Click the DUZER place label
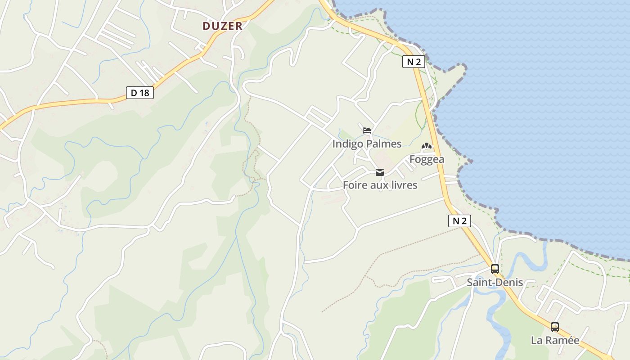pos(222,26)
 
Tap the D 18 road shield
pos(140,93)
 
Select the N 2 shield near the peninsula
pos(414,62)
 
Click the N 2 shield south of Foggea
pos(459,221)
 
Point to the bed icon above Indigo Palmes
pos(367,131)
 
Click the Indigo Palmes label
pos(367,144)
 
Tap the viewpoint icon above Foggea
pos(426,146)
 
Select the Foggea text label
pos(427,159)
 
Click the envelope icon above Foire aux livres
pos(380,172)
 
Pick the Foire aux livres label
pos(380,185)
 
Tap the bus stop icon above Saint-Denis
pos(495,269)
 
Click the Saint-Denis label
pos(495,283)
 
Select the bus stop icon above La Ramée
pos(555,327)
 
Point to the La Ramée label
pos(555,340)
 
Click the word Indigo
pos(346,144)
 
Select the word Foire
pos(355,185)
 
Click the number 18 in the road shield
pos(145,93)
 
